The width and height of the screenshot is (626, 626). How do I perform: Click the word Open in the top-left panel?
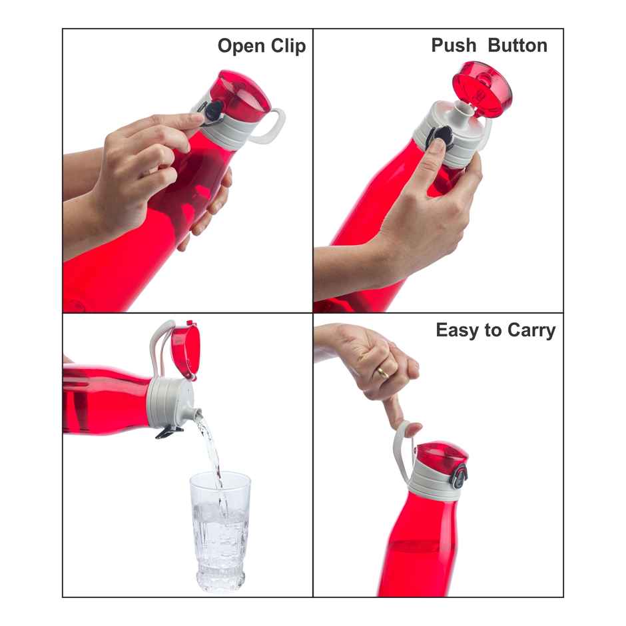(x=241, y=47)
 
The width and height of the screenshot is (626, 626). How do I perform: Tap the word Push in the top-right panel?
(x=454, y=45)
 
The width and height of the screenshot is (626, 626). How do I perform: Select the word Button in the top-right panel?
(x=517, y=45)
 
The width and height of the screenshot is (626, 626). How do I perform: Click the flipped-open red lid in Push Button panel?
(x=482, y=85)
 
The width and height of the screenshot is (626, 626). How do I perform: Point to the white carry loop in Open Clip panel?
(x=274, y=127)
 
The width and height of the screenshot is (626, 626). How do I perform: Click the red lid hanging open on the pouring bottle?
(x=184, y=350)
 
